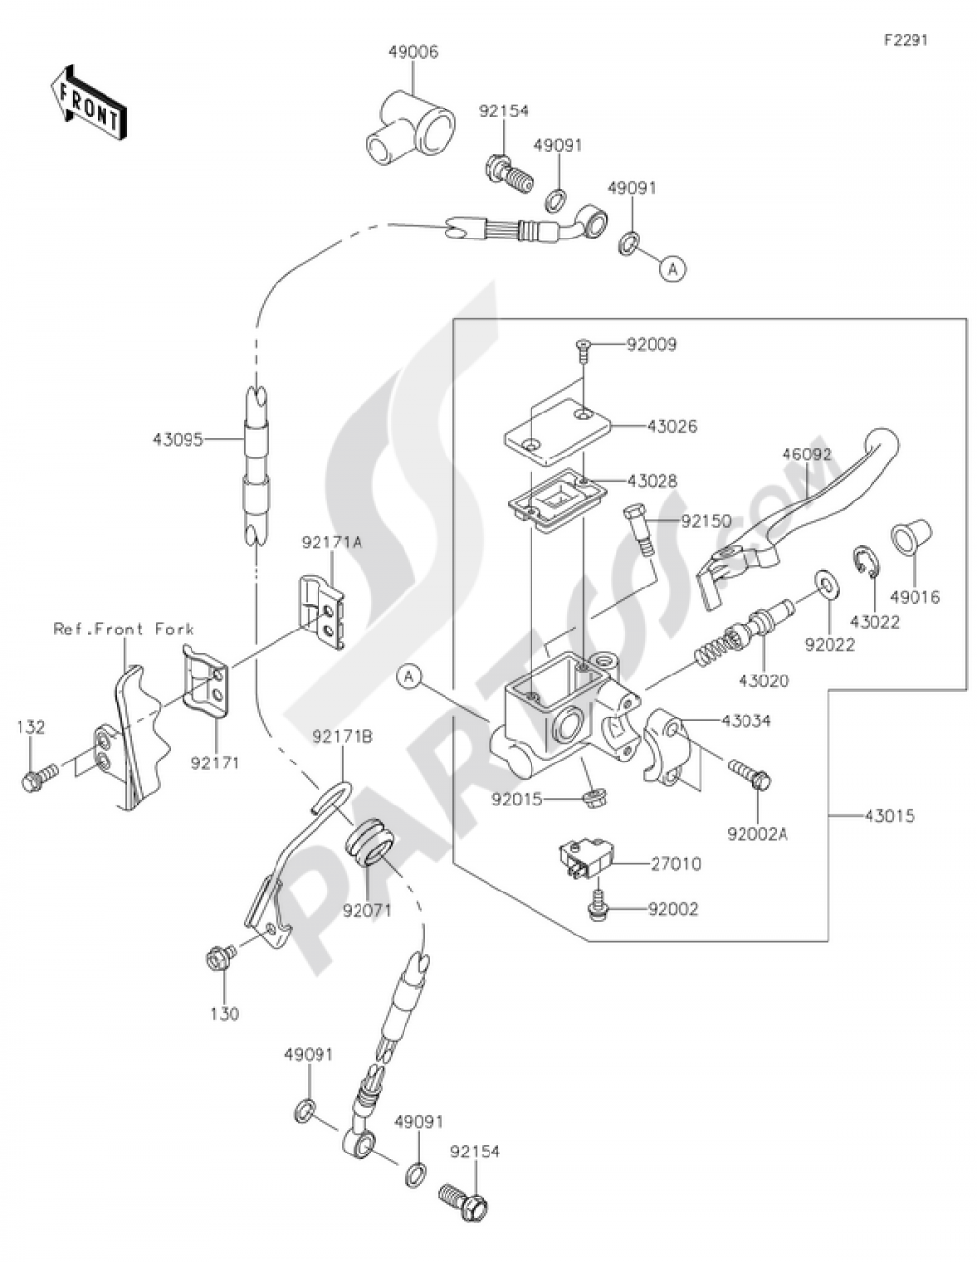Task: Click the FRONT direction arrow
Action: [89, 102]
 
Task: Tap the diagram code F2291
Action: [907, 40]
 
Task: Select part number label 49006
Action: [413, 52]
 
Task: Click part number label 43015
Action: [889, 816]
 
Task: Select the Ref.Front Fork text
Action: [123, 629]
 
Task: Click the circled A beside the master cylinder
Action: [409, 676]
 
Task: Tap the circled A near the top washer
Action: [673, 269]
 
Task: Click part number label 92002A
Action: [758, 834]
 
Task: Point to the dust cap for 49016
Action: [911, 536]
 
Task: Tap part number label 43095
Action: [178, 440]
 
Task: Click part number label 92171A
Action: [332, 543]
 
